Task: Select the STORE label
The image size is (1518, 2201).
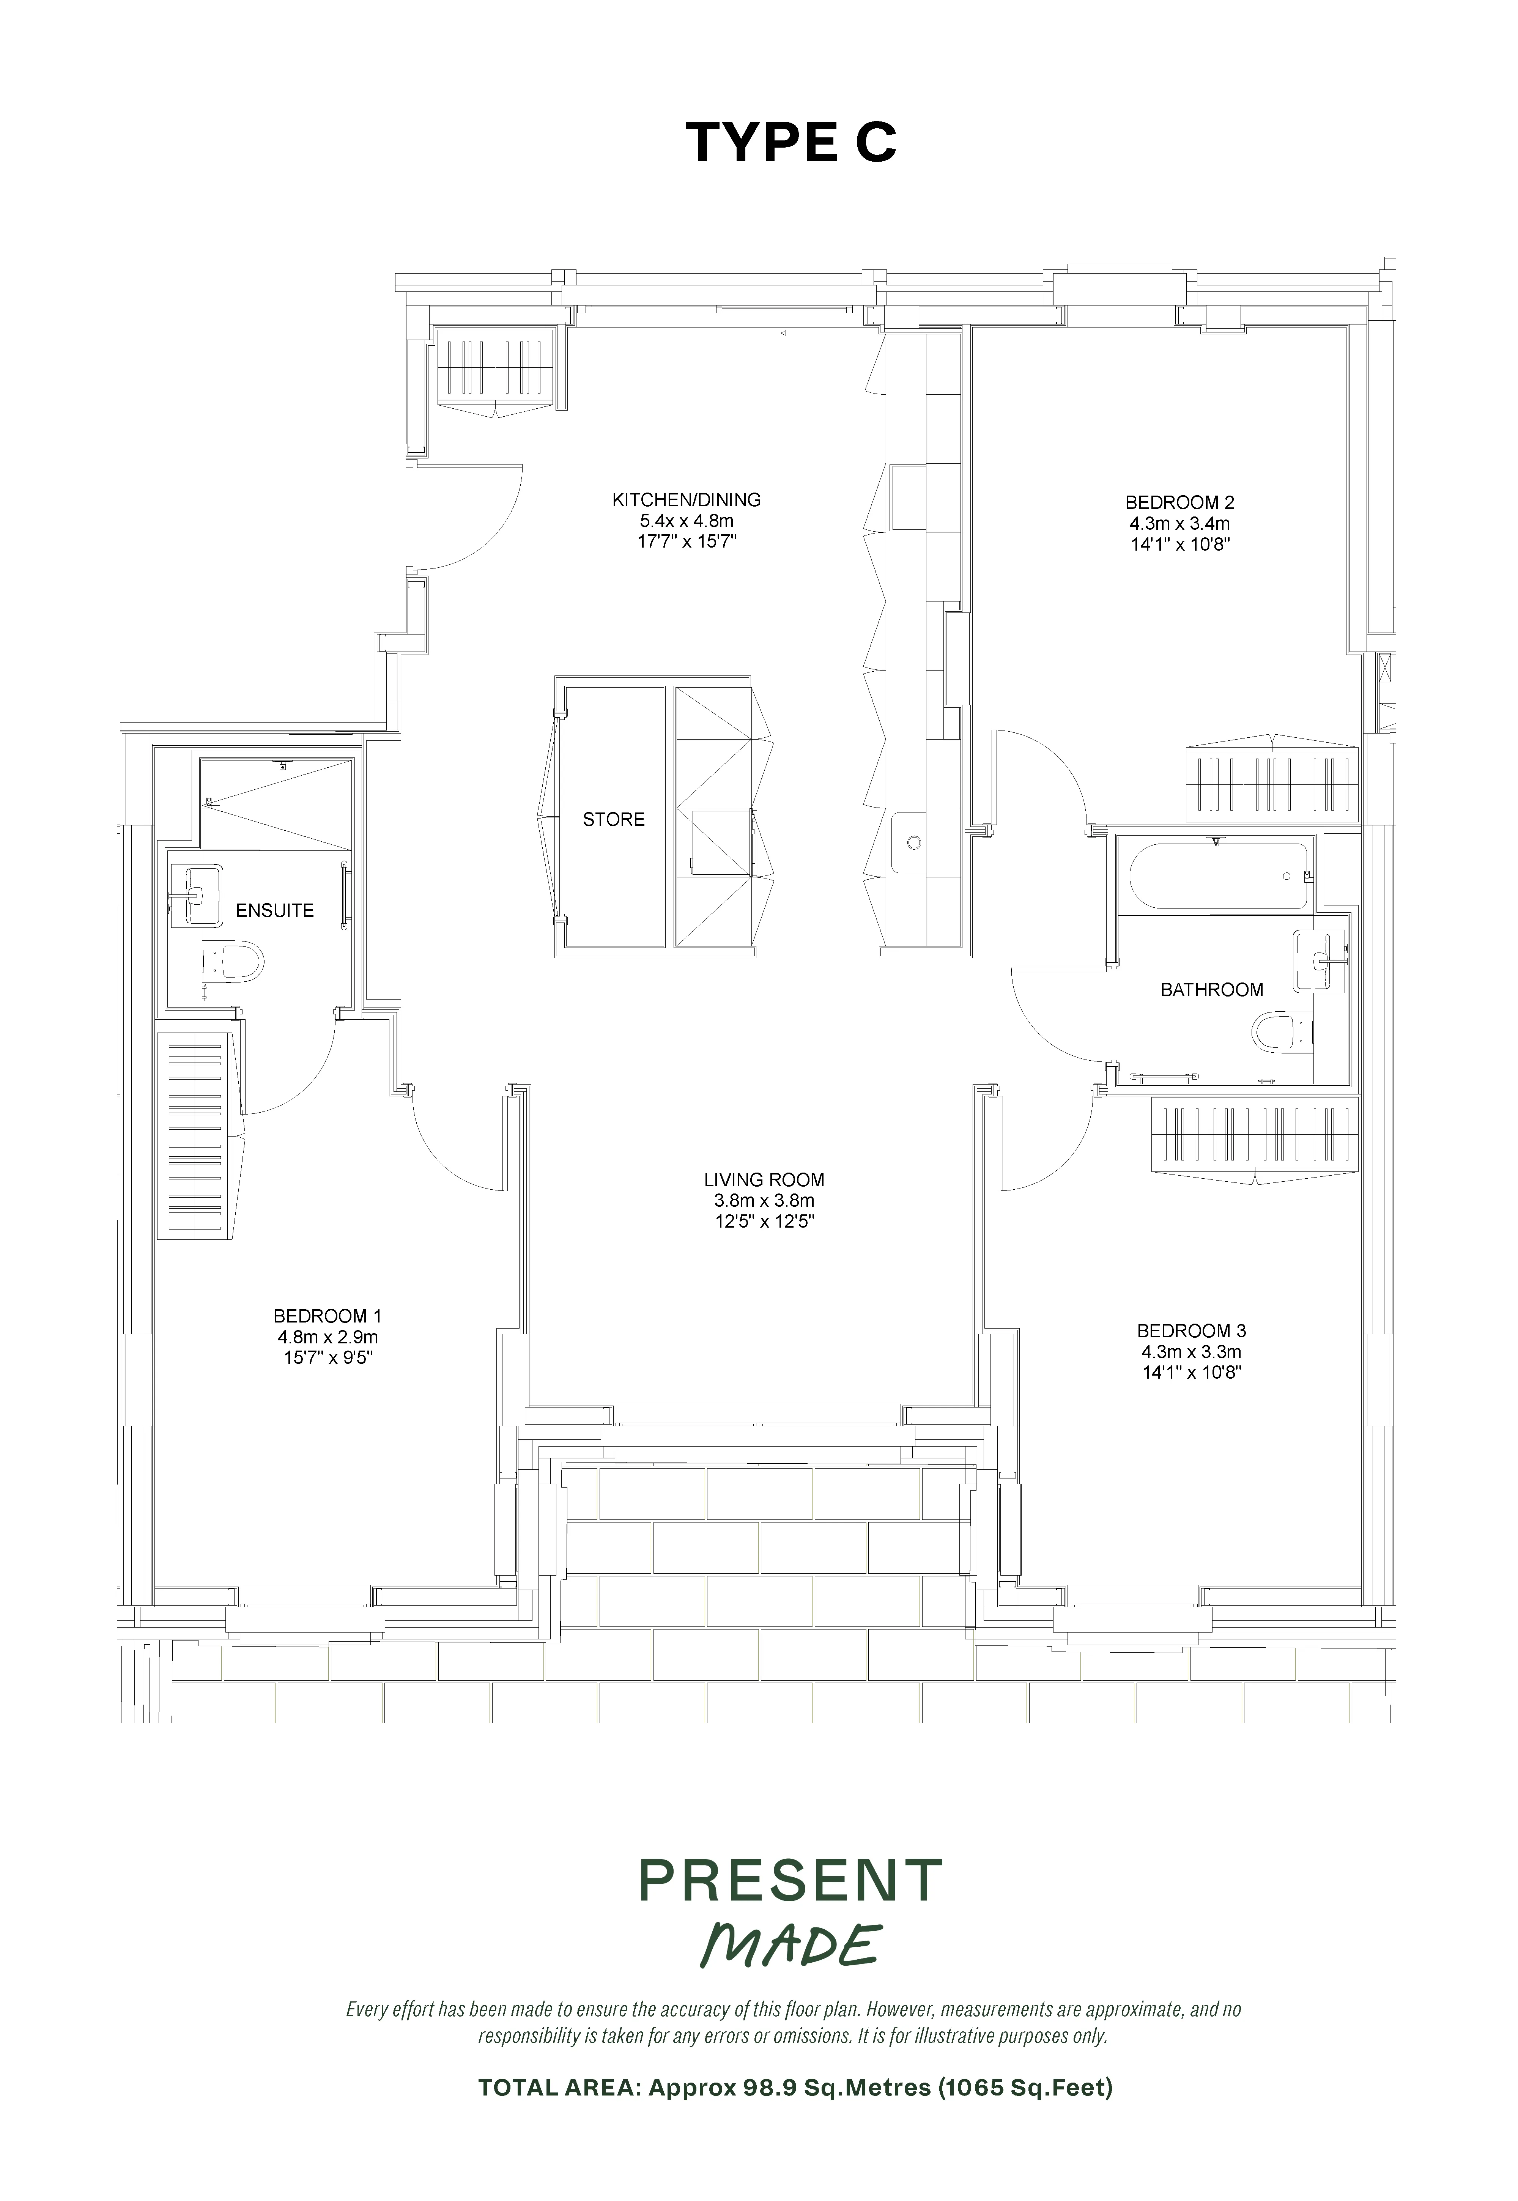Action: coord(614,819)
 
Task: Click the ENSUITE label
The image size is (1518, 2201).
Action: coord(275,910)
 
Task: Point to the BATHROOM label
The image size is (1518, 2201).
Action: coord(1212,989)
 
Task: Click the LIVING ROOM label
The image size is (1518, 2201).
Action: coord(764,1179)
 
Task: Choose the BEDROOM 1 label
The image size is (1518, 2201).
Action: coord(327,1316)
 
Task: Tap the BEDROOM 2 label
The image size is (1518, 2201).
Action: coord(1179,502)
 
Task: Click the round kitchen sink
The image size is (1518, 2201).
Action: coord(915,842)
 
